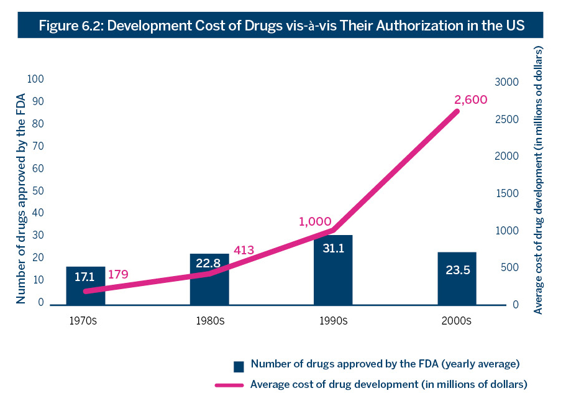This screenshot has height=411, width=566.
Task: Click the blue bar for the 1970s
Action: (x=86, y=285)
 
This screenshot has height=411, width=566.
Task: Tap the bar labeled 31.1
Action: (x=333, y=270)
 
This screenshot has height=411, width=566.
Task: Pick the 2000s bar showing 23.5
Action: (x=457, y=279)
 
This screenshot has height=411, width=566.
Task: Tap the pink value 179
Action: (x=118, y=274)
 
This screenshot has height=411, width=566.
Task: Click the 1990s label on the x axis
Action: (x=333, y=321)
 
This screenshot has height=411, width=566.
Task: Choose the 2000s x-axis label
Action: (x=457, y=321)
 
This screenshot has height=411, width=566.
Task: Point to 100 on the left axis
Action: (x=35, y=80)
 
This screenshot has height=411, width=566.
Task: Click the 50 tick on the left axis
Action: (x=38, y=191)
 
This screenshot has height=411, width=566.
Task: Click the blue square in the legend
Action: (x=239, y=366)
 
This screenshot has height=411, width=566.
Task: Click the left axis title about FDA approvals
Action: (x=21, y=198)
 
